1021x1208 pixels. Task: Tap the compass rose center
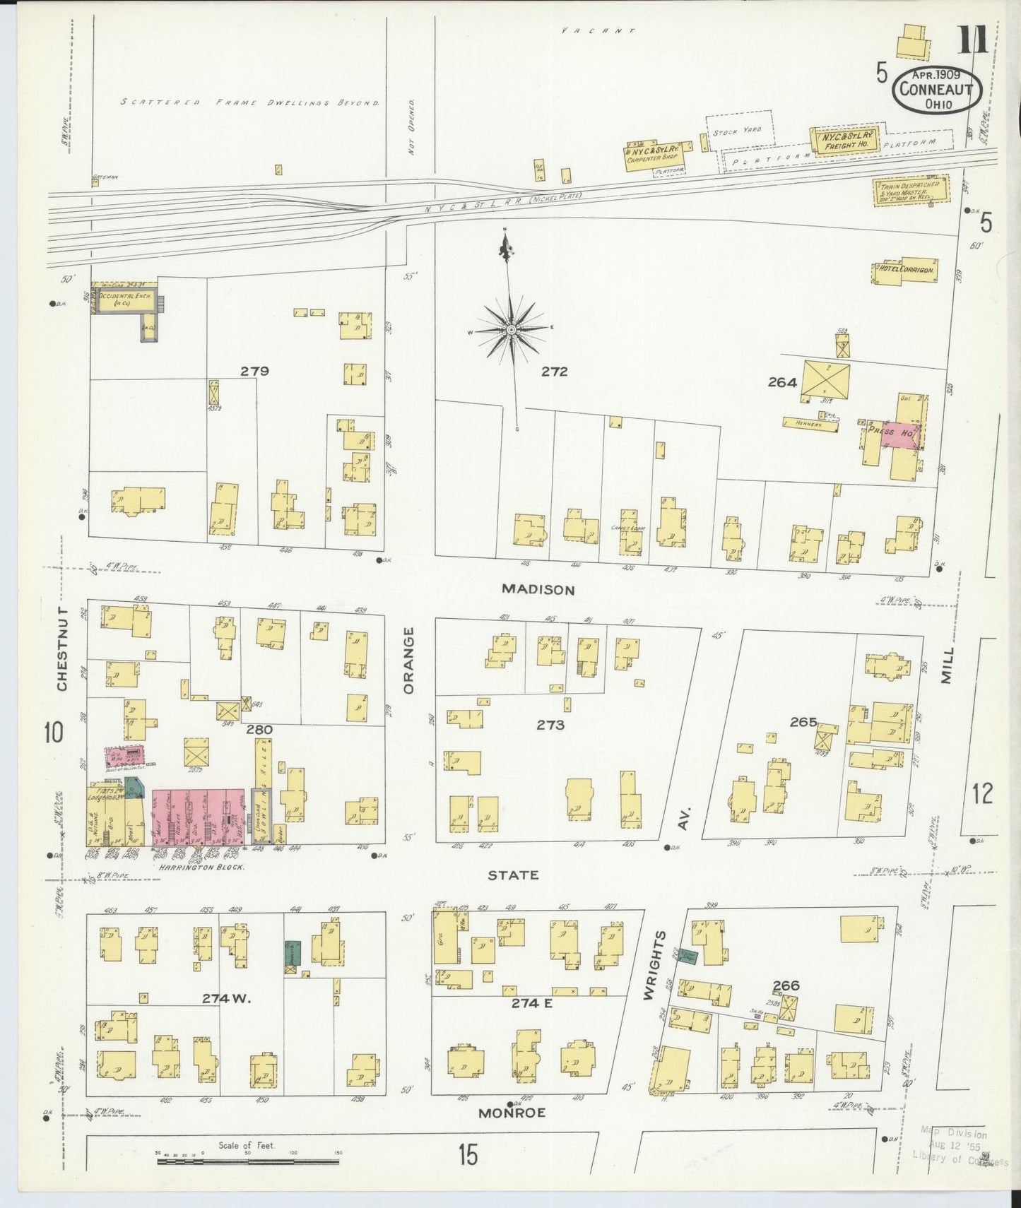tap(511, 329)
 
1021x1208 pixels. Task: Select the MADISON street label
tap(538, 589)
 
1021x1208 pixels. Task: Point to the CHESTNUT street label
tap(62, 649)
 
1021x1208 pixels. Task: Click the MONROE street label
tap(512, 1113)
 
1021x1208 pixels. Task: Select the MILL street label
tap(947, 664)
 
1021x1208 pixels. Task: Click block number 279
tap(254, 371)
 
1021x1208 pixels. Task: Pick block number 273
tap(550, 725)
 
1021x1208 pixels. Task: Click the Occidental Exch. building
tap(124, 300)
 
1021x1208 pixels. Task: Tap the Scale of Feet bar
tap(247, 1161)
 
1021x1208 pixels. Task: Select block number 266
tap(786, 985)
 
